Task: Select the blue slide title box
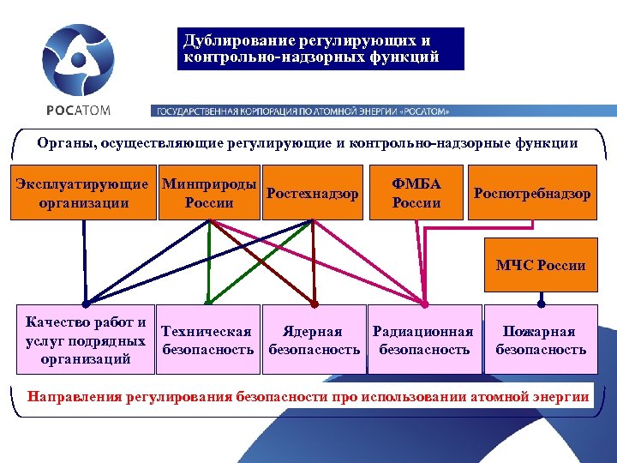coord(322,49)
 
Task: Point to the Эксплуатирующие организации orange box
coord(84,193)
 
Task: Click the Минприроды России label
coord(209,193)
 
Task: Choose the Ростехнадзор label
coord(313,194)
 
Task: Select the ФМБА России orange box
coord(416,193)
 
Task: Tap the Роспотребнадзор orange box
coord(531,194)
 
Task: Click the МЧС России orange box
coord(541,265)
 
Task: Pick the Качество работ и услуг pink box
coord(85,340)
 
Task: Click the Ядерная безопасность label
coord(314,340)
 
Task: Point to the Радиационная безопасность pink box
coord(422,340)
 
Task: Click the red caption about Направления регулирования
coord(308,396)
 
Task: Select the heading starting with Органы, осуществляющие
coord(308,142)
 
